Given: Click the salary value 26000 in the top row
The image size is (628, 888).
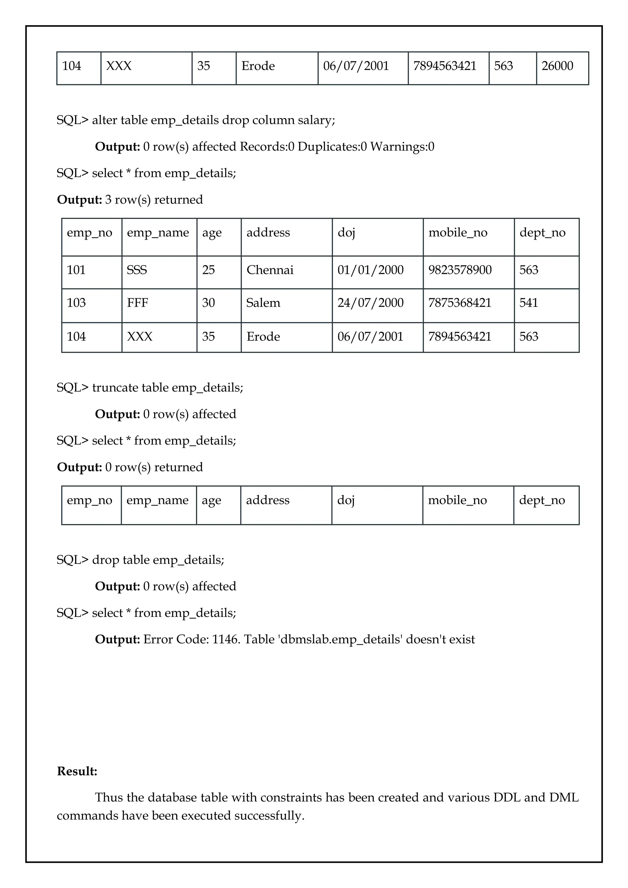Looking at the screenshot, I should point(557,66).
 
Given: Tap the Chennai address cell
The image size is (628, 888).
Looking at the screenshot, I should point(270,270).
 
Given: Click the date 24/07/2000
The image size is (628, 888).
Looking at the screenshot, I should point(370,303).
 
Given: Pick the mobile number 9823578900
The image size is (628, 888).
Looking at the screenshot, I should point(460,270).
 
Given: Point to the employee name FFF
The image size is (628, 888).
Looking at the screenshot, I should point(137,303).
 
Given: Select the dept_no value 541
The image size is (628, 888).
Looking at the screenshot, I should point(529,303).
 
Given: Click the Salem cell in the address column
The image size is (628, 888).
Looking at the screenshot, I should point(263,303).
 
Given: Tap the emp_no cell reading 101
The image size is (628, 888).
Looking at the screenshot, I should point(76,270).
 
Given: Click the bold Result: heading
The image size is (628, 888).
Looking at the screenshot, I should point(77,771).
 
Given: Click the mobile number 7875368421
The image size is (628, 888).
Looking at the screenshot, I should point(459,303).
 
